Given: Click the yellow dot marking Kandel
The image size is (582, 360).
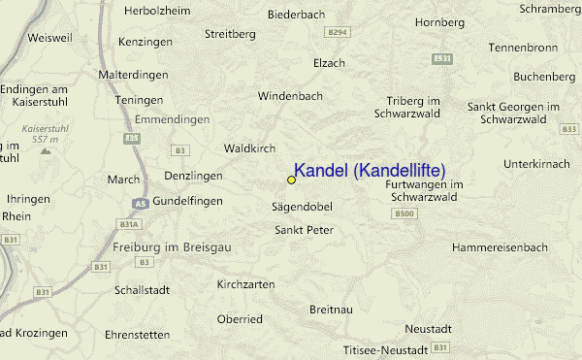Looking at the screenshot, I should pos(291,180).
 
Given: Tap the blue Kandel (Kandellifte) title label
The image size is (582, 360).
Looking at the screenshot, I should pos(370,171).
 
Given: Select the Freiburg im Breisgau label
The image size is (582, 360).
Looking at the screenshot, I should pos(173,247).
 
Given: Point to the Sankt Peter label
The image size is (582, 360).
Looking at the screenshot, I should pos(305,230).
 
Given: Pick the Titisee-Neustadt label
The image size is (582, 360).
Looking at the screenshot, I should pos(385,349).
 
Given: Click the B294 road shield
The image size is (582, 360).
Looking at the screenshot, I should pos(337,32).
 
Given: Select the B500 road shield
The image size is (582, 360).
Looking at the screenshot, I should pos(405,213).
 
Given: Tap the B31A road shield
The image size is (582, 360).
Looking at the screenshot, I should pos(128,224).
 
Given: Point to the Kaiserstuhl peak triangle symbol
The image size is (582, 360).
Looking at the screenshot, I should pos(44,152).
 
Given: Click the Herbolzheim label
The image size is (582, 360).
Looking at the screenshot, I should pos(156,11).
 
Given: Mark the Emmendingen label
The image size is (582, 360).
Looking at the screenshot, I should pos(172,119).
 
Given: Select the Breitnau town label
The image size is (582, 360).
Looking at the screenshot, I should pos(332,309).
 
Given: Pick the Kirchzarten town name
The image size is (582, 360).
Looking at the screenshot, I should pos(245,284).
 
